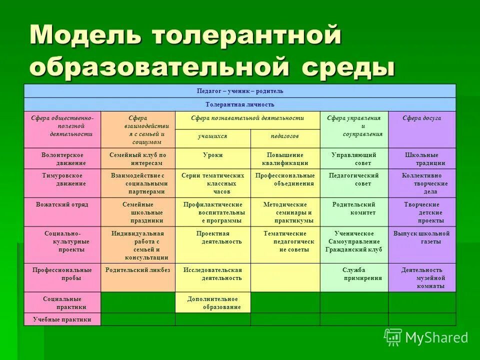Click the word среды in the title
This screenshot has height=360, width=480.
point(349,67)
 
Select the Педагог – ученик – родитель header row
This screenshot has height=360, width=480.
point(240,91)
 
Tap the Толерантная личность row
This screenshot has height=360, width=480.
point(240,104)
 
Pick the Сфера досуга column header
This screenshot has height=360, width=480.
point(422,118)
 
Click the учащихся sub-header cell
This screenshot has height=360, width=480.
point(212,136)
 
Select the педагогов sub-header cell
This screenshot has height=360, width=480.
point(285,136)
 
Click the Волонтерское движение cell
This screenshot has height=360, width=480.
point(62,159)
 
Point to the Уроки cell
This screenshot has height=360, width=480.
point(212,155)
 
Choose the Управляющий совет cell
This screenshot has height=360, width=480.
point(354,159)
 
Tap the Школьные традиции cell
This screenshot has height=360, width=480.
point(422,159)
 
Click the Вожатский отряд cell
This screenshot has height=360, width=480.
point(62,205)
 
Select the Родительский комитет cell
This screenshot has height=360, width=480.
point(354,208)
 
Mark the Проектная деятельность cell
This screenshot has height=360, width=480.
point(212,237)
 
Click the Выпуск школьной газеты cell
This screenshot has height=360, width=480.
point(422,237)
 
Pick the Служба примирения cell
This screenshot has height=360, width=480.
point(354,274)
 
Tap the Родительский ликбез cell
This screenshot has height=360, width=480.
point(138,270)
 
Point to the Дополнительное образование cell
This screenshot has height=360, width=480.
point(212,302)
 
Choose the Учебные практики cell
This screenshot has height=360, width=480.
point(62,319)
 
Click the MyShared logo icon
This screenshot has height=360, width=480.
point(393,337)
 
